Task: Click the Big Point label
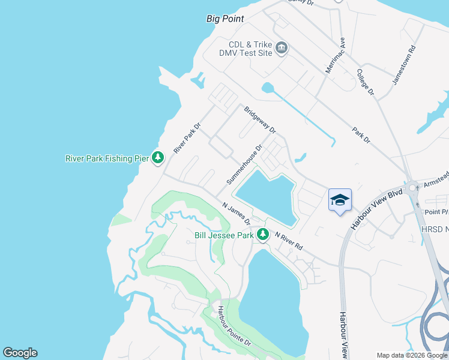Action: tap(225, 19)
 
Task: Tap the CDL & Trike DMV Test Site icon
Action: tap(282, 47)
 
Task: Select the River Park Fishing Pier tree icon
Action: tap(158, 158)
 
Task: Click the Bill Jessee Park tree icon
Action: tap(262, 235)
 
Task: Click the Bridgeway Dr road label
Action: tap(260, 120)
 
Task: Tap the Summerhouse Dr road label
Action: tap(245, 164)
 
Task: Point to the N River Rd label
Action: tap(289, 241)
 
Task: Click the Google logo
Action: tap(20, 353)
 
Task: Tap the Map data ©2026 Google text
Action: tap(412, 355)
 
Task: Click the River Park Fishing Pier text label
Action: tap(107, 158)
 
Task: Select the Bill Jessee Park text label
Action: tap(224, 236)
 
